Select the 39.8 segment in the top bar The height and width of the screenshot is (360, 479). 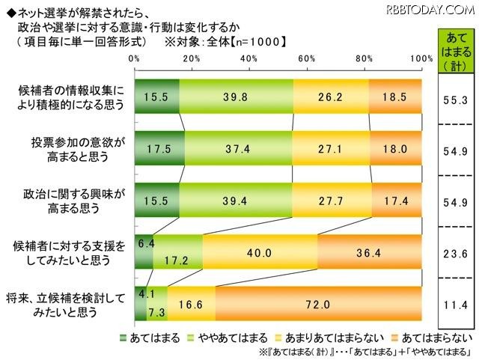click(x=237, y=95)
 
